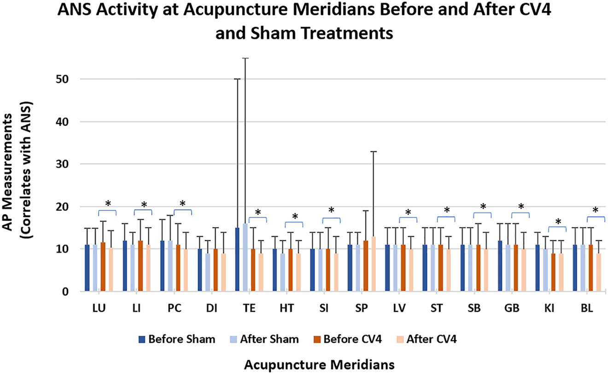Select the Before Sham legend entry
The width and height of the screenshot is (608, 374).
177,339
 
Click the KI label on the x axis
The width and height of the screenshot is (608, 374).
557,309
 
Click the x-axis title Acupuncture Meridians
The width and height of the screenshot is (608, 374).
319,364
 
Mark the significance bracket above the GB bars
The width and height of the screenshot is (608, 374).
520,213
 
